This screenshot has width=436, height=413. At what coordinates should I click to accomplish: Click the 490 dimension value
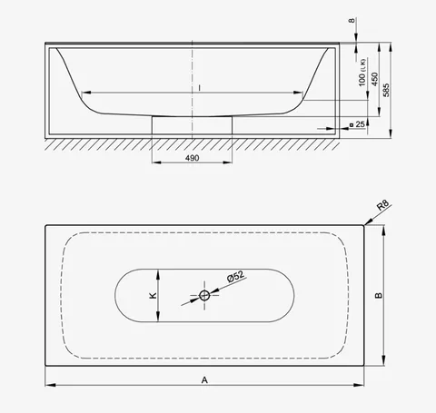coord(193,158)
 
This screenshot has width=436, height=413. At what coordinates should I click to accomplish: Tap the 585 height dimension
coord(386,90)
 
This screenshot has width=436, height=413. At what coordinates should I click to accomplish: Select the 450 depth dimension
coord(374,79)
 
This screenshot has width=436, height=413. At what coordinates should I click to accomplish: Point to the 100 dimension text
coord(362,80)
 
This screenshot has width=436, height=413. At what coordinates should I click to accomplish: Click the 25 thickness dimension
coord(360,124)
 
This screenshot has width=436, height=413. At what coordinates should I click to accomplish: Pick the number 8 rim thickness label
coord(352,21)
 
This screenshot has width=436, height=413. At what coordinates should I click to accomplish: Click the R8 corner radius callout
coord(382,205)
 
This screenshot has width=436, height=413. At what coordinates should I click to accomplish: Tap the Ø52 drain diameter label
coord(235,276)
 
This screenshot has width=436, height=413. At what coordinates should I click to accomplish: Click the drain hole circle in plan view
coord(204,295)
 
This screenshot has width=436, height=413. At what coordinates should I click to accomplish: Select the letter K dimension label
coord(154,295)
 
